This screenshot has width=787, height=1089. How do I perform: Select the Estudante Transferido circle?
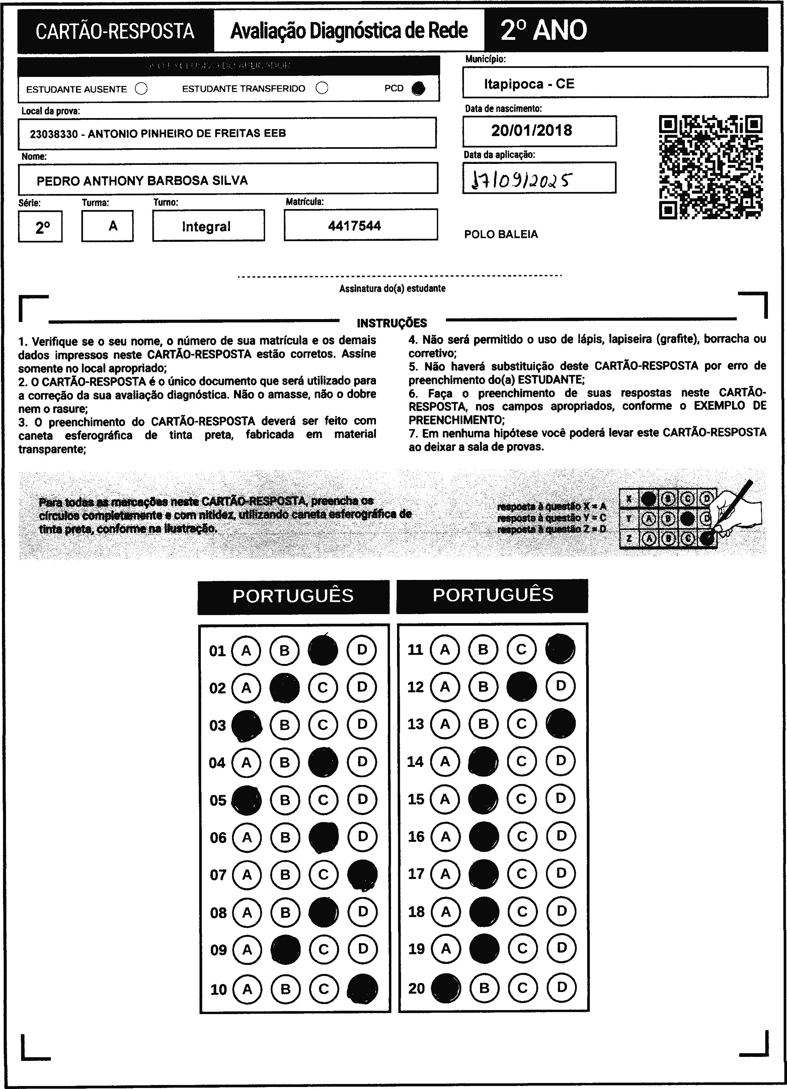pyautogui.click(x=322, y=88)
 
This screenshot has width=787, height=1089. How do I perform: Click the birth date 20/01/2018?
pyautogui.click(x=531, y=130)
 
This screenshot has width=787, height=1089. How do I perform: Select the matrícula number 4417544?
pyautogui.click(x=355, y=226)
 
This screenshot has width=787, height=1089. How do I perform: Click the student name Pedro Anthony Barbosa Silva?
pyautogui.click(x=142, y=181)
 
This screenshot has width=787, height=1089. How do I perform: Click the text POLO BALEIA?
pyautogui.click(x=501, y=234)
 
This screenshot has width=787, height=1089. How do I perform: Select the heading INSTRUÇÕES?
pyautogui.click(x=392, y=323)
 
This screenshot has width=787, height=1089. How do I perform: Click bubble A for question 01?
pyautogui.click(x=246, y=651)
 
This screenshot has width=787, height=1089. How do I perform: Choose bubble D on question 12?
pyautogui.click(x=561, y=686)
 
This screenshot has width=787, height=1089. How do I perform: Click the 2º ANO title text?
pyautogui.click(x=543, y=30)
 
